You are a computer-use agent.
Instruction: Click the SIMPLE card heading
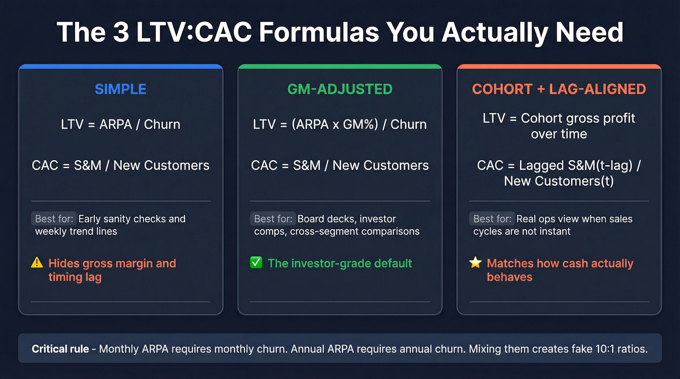pyautogui.click(x=120, y=89)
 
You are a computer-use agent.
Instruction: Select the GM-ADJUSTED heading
pyautogui.click(x=340, y=89)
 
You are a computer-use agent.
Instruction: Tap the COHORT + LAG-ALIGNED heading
pyautogui.click(x=559, y=89)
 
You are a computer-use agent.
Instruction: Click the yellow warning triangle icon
pyautogui.click(x=37, y=263)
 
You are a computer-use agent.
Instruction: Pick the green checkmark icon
pyautogui.click(x=256, y=263)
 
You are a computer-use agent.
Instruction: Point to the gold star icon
pyautogui.click(x=475, y=263)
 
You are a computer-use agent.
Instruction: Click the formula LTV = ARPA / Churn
pyautogui.click(x=120, y=124)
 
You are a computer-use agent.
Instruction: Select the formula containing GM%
pyautogui.click(x=340, y=124)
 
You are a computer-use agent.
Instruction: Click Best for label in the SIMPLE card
pyautogui.click(x=53, y=218)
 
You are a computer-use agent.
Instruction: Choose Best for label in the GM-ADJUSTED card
pyautogui.click(x=272, y=218)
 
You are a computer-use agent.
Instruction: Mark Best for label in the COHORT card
pyautogui.click(x=492, y=218)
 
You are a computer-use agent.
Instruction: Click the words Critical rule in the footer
pyautogui.click(x=60, y=349)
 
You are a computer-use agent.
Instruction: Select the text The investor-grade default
pyautogui.click(x=340, y=264)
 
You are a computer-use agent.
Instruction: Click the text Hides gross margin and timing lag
pyautogui.click(x=112, y=270)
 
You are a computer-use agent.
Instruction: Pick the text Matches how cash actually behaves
pyautogui.click(x=560, y=270)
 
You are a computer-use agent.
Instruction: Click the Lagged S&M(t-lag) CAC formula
pyautogui.click(x=559, y=173)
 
